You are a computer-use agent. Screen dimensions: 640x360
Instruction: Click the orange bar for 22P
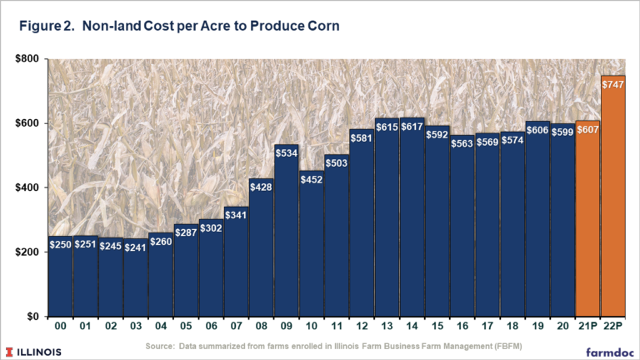(x=612, y=196)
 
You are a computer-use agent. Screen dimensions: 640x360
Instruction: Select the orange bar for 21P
(x=587, y=218)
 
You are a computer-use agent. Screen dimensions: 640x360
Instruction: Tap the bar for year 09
(x=286, y=231)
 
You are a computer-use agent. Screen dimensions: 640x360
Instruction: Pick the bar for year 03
(x=136, y=277)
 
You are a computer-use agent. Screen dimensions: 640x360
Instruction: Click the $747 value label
(x=612, y=84)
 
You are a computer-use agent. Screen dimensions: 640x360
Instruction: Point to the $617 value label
(x=412, y=127)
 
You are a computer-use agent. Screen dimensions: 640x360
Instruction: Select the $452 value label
(x=312, y=180)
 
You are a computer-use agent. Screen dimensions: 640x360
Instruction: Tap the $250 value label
(x=60, y=244)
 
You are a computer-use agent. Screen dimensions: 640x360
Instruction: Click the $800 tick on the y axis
(x=27, y=59)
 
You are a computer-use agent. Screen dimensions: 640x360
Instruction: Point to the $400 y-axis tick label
(x=27, y=187)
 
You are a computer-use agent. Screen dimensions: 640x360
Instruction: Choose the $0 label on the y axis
(x=33, y=317)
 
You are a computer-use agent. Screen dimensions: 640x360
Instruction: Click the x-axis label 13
(x=387, y=326)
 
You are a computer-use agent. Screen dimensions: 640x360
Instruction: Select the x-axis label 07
(x=236, y=326)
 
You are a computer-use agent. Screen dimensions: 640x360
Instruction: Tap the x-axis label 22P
(x=613, y=326)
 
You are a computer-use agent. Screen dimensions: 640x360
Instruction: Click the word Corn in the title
(x=323, y=26)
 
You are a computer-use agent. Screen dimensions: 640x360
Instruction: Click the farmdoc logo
(x=610, y=352)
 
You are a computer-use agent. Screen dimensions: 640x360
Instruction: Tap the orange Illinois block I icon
(x=9, y=352)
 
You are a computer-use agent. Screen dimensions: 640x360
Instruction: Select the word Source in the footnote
(x=160, y=346)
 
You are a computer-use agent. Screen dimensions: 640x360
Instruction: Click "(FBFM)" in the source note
(x=508, y=346)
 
